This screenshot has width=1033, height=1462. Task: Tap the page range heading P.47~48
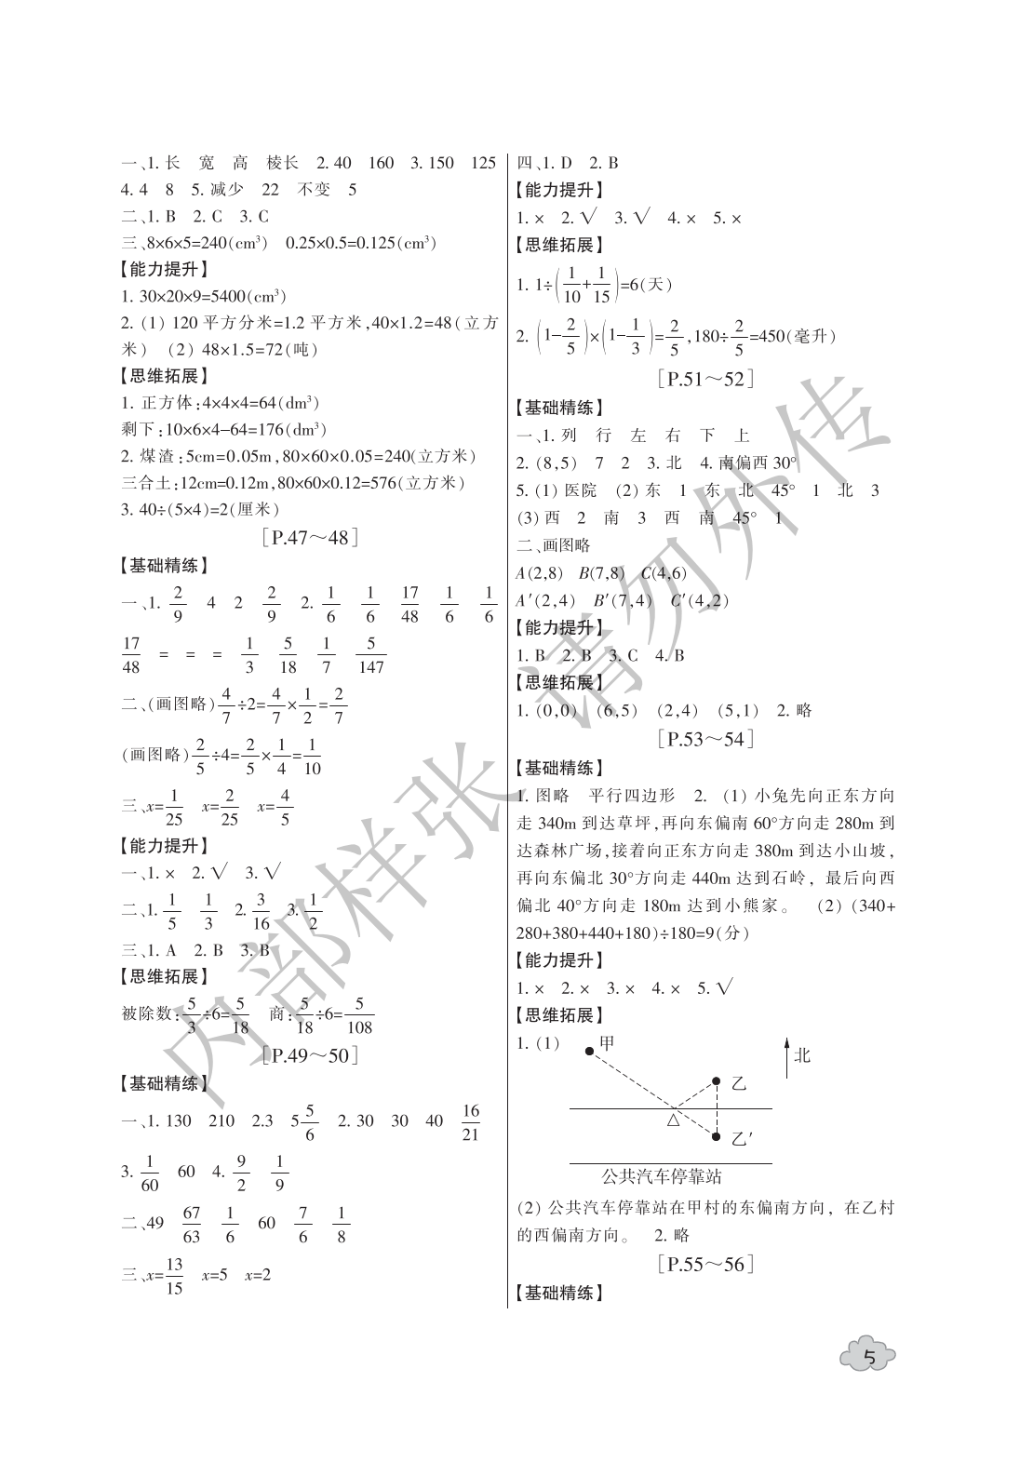[x=311, y=537]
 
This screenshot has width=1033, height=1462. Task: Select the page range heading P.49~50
[x=311, y=1055]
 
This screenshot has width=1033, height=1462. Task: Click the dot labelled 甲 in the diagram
[x=589, y=1052]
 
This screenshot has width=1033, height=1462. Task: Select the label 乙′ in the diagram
[x=742, y=1139]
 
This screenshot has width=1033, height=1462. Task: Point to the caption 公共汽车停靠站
[x=662, y=1176]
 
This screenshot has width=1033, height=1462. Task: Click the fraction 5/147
[x=370, y=655]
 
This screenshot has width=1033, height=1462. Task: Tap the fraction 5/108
[x=358, y=1016]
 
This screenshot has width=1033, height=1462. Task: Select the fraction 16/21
[x=470, y=1122]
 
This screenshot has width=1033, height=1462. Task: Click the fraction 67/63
[x=192, y=1225]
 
